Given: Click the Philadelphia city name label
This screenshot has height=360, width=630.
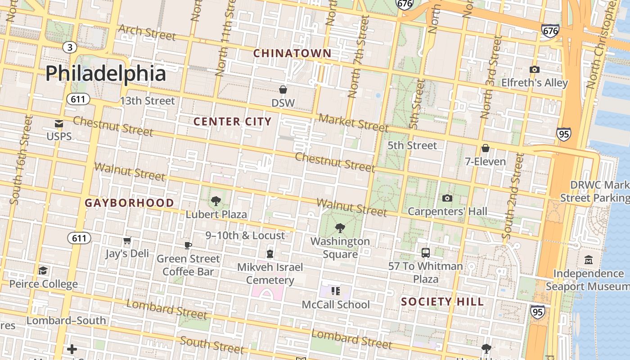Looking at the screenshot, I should tap(106, 73).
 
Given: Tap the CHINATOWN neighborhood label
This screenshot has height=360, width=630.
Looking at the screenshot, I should tap(292, 54).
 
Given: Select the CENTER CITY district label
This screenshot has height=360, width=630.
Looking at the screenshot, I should tap(232, 121).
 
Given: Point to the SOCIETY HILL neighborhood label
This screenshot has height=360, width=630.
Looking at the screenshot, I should tap(442, 302).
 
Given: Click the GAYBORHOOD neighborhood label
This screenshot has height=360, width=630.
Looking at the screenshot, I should tap(129, 203).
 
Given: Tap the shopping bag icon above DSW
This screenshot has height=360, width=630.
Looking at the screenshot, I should tap(283, 90).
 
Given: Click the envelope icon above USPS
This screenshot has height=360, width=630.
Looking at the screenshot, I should tap(59, 123).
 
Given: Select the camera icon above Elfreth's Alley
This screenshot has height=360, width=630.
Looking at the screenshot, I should tap(534, 69).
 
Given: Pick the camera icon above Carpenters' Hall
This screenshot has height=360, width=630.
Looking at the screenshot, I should tap(447, 198).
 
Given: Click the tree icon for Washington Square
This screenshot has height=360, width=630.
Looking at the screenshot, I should tap(340, 228).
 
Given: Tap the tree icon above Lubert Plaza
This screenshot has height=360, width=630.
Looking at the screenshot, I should tap(216, 201).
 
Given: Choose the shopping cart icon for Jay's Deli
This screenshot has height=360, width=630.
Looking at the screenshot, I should tap(127, 241).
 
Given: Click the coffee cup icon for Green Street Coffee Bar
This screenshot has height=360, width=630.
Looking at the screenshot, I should tap(188, 245).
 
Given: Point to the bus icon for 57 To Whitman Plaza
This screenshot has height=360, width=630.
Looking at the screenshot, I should tap(426, 253).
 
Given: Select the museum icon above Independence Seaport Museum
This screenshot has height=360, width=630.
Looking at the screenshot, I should tap(588, 260).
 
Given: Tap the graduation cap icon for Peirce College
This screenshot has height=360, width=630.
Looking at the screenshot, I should tap(43, 270).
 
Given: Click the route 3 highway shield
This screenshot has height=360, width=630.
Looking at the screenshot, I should tap(69, 47).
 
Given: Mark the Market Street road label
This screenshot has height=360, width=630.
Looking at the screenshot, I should tap(353, 122).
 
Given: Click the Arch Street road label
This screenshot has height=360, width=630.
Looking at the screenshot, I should tap(147, 33).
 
